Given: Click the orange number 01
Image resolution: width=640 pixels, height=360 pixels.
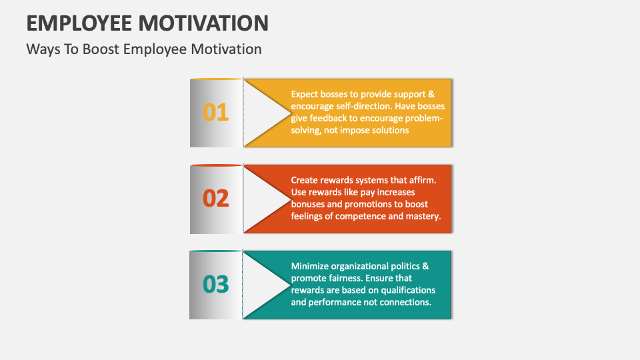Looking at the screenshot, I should point(215,113).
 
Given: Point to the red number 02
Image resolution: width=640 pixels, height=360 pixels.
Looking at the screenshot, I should point(215,199).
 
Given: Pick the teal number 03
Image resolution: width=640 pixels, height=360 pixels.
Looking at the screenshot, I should point(215,284).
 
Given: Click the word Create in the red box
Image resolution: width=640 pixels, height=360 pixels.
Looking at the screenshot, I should point(305,180).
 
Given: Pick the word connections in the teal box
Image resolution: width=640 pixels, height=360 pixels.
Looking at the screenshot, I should point(405,302).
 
